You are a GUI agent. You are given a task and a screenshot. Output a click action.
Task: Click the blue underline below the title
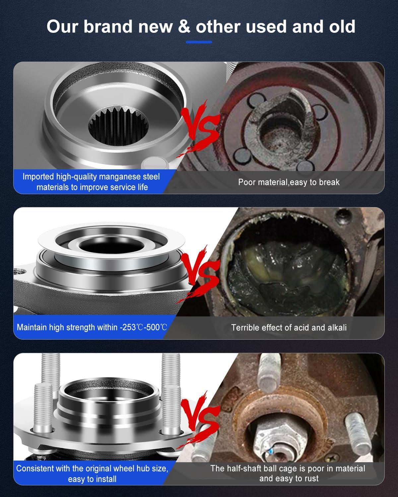199,42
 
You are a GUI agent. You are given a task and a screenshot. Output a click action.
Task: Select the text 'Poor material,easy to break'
289,182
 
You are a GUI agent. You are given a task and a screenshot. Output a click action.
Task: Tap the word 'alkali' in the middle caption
335,327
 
